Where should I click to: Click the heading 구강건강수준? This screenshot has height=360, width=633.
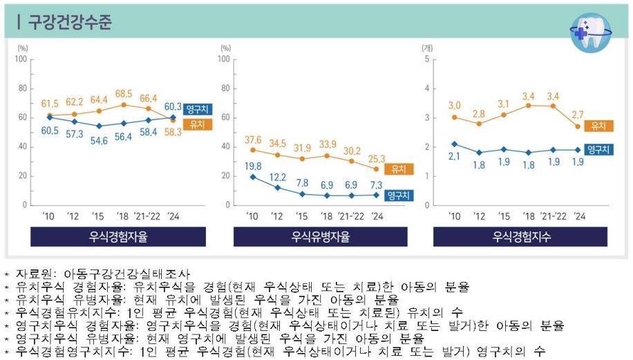pyautogui.click(x=70, y=22)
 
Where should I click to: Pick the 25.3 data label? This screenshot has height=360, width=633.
pyautogui.click(x=377, y=157)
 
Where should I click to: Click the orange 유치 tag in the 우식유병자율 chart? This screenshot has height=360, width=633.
pyautogui.click(x=399, y=169)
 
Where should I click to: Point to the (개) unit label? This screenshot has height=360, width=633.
pyautogui.click(x=427, y=48)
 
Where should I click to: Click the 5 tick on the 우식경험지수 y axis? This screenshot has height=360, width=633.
pyautogui.click(x=428, y=59)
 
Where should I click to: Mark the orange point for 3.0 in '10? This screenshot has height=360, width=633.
pyautogui.click(x=454, y=117)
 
